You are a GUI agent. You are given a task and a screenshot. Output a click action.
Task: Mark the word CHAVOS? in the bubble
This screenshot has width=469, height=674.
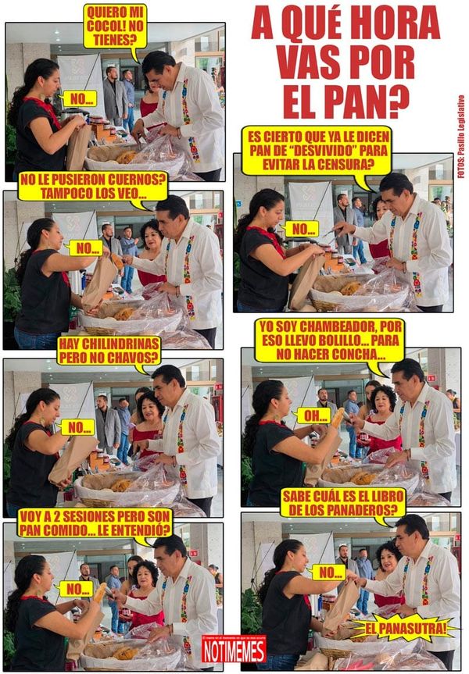(131, 358)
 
